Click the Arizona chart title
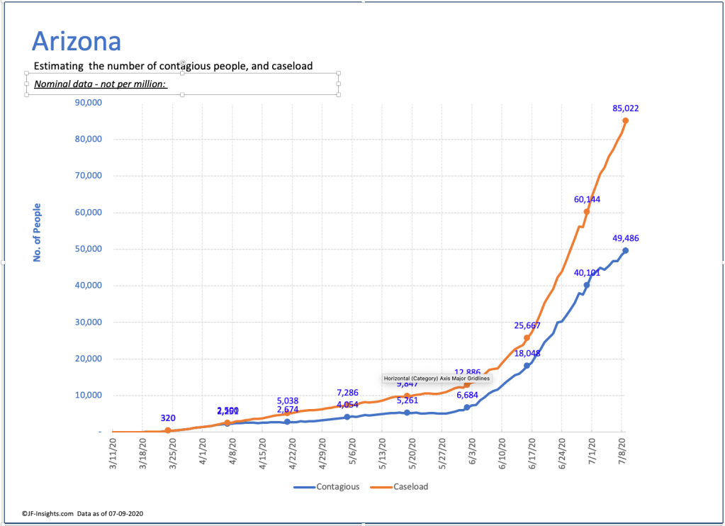pyautogui.click(x=77, y=41)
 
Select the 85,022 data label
pyautogui.click(x=626, y=108)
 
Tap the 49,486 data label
pyautogui.click(x=626, y=238)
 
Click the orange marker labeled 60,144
pyautogui.click(x=587, y=211)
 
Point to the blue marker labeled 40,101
pyautogui.click(x=587, y=285)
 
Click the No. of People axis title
pyautogui.click(x=38, y=233)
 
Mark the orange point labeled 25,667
pyautogui.click(x=527, y=337)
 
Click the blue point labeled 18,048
pyautogui.click(x=527, y=366)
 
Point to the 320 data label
pyautogui.click(x=168, y=418)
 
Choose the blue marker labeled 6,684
pyautogui.click(x=467, y=407)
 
